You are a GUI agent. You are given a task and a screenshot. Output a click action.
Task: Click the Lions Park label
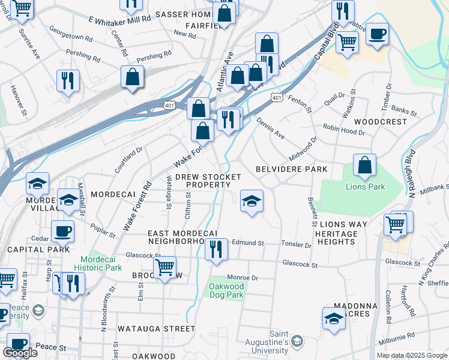365,187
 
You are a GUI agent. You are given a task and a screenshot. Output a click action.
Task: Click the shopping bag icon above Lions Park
364,165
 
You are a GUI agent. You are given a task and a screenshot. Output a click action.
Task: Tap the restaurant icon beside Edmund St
216,249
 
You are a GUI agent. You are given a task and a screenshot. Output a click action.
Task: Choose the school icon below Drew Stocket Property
252,201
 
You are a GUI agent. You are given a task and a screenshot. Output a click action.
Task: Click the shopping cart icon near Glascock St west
164,267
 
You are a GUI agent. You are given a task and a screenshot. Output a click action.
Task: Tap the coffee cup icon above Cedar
62,231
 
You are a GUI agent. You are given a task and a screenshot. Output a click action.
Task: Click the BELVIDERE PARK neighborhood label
291,169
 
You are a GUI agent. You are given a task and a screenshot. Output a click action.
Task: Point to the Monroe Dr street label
242,278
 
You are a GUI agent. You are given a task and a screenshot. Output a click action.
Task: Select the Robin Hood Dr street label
344,128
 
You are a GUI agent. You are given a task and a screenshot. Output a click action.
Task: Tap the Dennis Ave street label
270,128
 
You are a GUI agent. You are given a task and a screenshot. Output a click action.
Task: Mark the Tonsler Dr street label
297,245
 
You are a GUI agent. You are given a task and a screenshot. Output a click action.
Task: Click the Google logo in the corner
20,353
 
